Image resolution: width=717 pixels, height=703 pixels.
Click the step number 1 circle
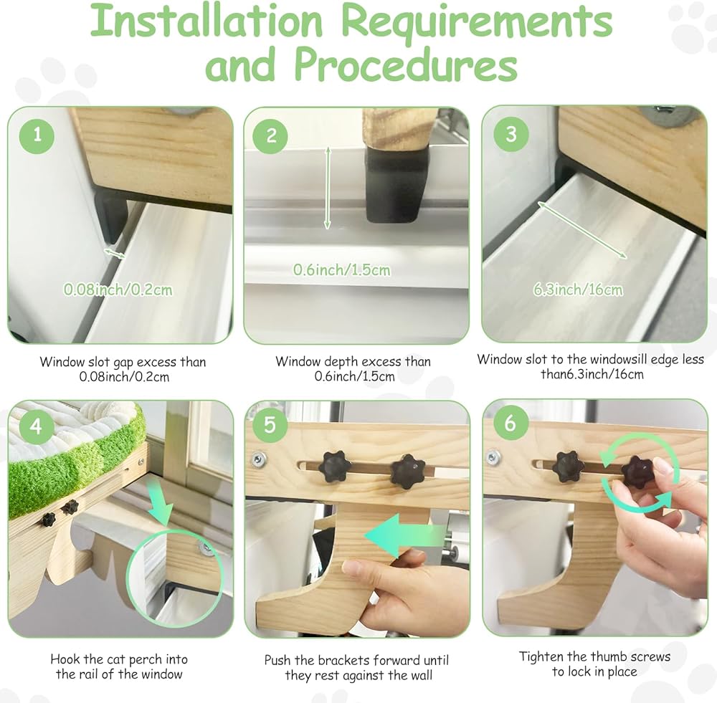pyautogui.click(x=37, y=135)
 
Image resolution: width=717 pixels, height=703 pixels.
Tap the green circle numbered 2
pyautogui.click(x=271, y=135)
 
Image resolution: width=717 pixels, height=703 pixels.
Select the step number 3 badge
pyautogui.click(x=511, y=134)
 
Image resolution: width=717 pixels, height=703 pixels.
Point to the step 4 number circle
pyautogui.click(x=36, y=426)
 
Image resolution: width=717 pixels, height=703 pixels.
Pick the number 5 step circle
pyautogui.click(x=270, y=425)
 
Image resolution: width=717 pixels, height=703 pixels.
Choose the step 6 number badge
pyautogui.click(x=510, y=424)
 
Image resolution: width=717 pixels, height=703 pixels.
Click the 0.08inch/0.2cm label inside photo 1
pyautogui.click(x=118, y=290)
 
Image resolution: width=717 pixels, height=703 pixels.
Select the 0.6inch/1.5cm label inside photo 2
pyautogui.click(x=342, y=269)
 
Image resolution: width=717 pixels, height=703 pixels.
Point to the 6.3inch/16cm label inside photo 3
pyautogui.click(x=578, y=290)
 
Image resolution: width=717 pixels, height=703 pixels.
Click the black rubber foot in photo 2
pyautogui.click(x=391, y=186)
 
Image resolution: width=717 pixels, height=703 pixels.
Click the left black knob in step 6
pyautogui.click(x=569, y=467)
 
